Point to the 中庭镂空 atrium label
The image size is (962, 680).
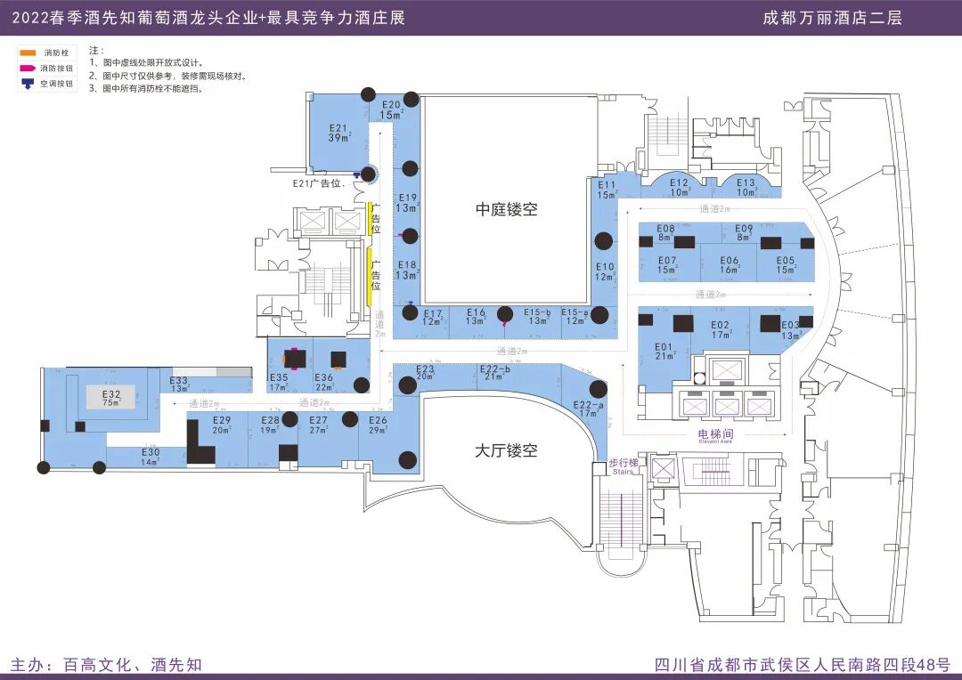pos(506,210)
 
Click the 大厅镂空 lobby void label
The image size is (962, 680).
pos(506,450)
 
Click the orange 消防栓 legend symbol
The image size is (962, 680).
pos(28,53)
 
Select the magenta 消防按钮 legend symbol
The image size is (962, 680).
pos(28,68)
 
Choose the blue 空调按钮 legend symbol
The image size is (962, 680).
pos(28,84)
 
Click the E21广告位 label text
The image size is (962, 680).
pos(318,183)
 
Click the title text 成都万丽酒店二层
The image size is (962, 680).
pos(833,18)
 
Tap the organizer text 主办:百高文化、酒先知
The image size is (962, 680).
pos(107,665)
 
